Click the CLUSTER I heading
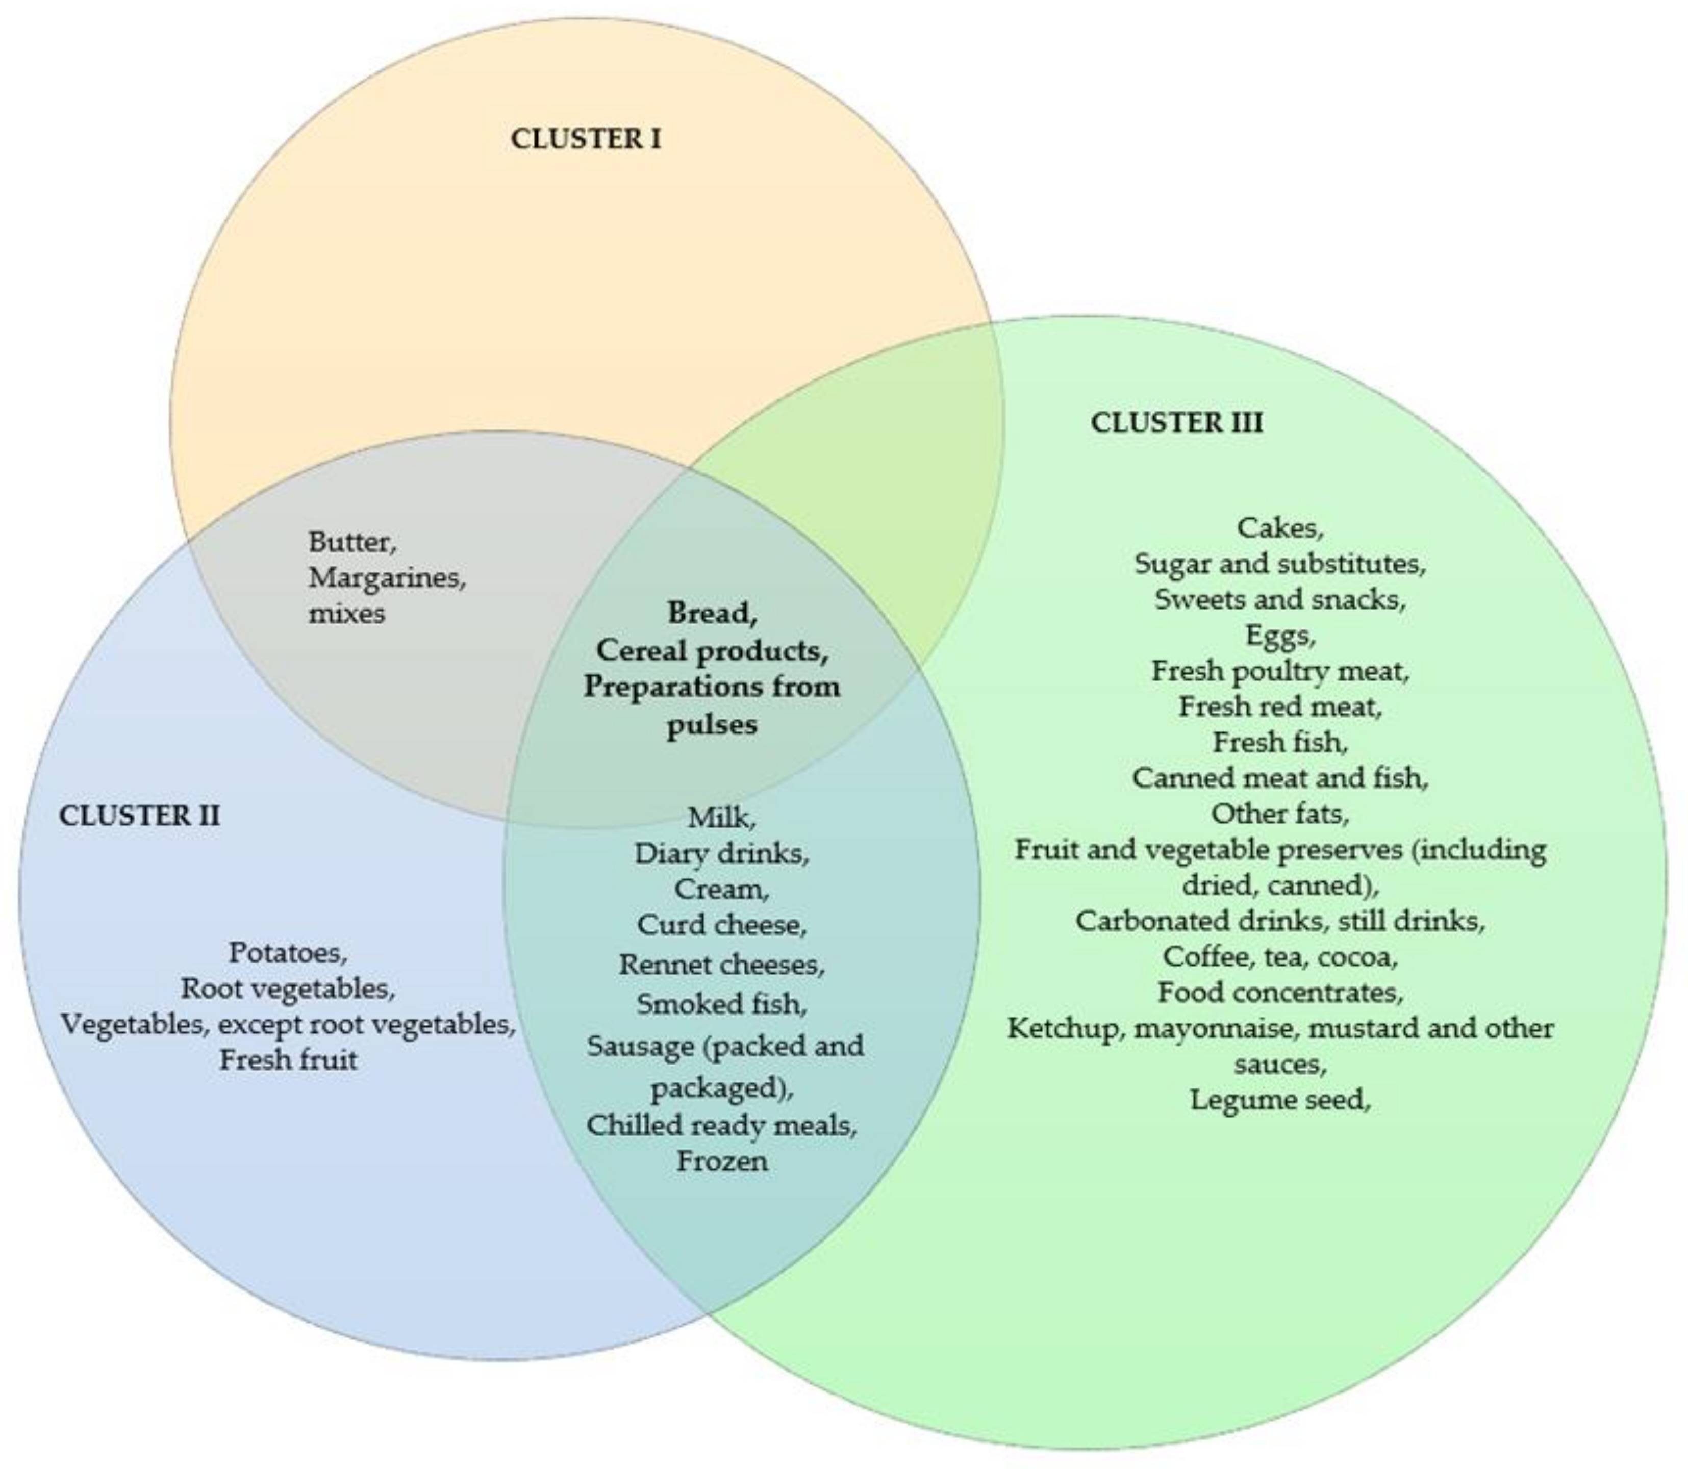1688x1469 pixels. click(585, 139)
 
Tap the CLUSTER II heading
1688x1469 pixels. click(139, 816)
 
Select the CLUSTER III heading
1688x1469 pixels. click(1176, 423)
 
